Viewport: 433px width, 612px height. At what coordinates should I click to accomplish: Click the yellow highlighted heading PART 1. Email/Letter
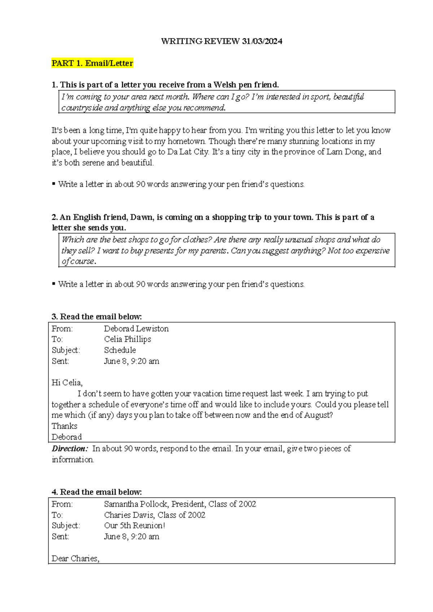tap(92, 64)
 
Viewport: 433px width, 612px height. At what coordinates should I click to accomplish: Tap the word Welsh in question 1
tap(225, 85)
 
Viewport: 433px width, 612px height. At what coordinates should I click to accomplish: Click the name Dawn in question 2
tap(142, 217)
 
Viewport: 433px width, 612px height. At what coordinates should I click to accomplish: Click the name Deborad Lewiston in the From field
tap(136, 329)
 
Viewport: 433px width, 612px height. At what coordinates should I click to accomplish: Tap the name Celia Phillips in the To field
tap(127, 339)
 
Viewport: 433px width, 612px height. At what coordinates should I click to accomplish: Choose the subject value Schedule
tap(120, 350)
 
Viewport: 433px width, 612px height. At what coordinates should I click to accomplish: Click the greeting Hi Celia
tap(67, 382)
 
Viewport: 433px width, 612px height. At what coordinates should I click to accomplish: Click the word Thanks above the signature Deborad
tap(64, 426)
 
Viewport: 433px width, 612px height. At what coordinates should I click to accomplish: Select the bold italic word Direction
tap(69, 449)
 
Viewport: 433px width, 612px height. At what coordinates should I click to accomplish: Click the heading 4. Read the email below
tap(97, 492)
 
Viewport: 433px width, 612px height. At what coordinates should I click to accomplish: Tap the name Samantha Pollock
tap(136, 504)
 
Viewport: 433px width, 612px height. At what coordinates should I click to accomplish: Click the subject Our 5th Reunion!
tap(134, 526)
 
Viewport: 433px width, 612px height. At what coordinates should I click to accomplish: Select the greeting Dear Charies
tap(75, 559)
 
